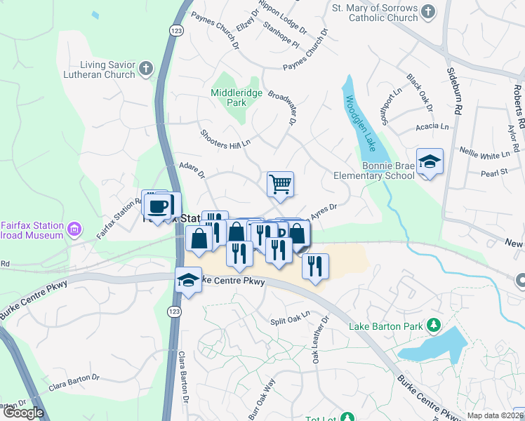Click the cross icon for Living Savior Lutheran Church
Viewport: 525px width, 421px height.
click(x=146, y=69)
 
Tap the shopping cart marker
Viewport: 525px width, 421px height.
click(x=280, y=185)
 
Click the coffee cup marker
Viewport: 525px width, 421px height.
click(x=159, y=206)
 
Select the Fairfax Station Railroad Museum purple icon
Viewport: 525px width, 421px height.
click(x=73, y=229)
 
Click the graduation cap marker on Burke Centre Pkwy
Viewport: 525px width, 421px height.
click(x=187, y=281)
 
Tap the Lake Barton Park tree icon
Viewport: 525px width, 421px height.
click(x=434, y=326)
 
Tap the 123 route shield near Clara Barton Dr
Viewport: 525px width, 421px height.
click(x=172, y=309)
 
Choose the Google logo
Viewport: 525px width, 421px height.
click(x=24, y=413)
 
